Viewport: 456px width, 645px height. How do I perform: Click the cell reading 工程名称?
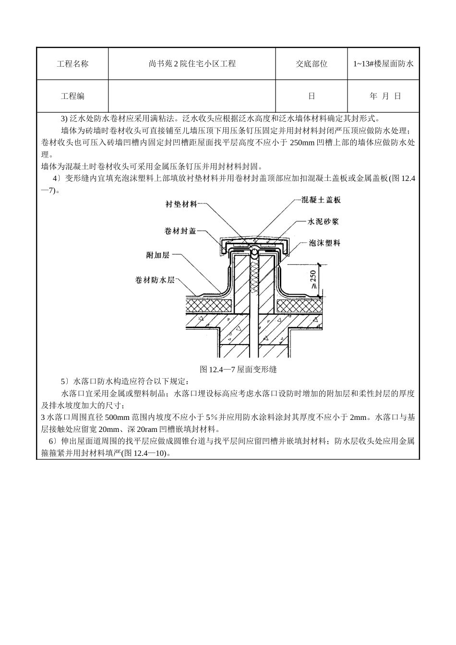coord(72,64)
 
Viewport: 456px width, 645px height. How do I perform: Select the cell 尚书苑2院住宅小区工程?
coord(192,64)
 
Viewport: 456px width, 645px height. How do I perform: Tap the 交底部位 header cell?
coord(312,64)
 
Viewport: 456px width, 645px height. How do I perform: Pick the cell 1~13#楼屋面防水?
coord(384,64)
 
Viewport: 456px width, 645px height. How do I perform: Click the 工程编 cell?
coord(72,96)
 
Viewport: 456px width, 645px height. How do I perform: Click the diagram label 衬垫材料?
coord(181,204)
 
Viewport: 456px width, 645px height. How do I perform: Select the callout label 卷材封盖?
coord(180,231)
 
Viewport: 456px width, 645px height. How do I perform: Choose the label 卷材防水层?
coord(155,280)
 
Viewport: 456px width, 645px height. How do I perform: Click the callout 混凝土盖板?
coord(321,200)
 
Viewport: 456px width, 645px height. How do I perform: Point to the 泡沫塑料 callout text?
coord(324,243)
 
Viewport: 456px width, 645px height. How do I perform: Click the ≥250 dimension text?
coord(313,279)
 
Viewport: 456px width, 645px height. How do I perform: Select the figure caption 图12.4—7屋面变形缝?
coord(238,370)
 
